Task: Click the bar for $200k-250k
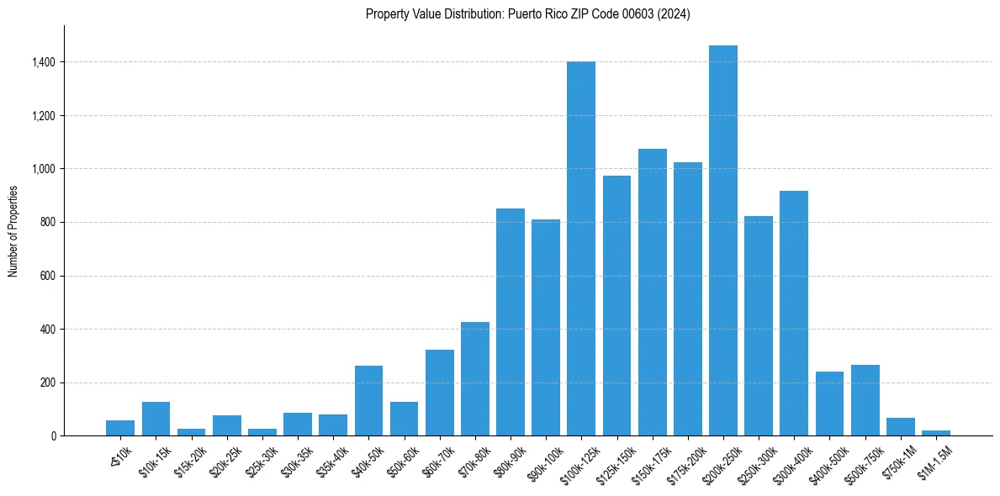click(x=723, y=240)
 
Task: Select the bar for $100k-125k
click(x=581, y=249)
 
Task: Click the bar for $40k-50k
click(x=368, y=401)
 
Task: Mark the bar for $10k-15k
click(x=156, y=419)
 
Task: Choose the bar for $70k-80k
click(x=475, y=379)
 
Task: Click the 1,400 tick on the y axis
click(x=44, y=62)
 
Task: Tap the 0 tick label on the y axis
click(x=54, y=436)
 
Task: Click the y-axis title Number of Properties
click(x=13, y=231)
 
